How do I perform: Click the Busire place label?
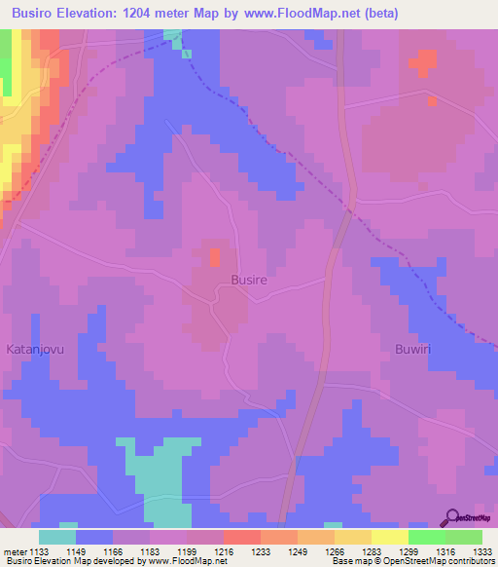[249, 279]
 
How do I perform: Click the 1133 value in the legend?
[40, 550]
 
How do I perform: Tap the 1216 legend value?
[224, 550]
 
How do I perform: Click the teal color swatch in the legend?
[57, 537]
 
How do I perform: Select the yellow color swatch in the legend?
[389, 537]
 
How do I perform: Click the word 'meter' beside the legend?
[15, 550]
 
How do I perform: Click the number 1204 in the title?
[144, 13]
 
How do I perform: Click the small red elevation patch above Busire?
[214, 257]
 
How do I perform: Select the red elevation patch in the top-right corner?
[423, 63]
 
